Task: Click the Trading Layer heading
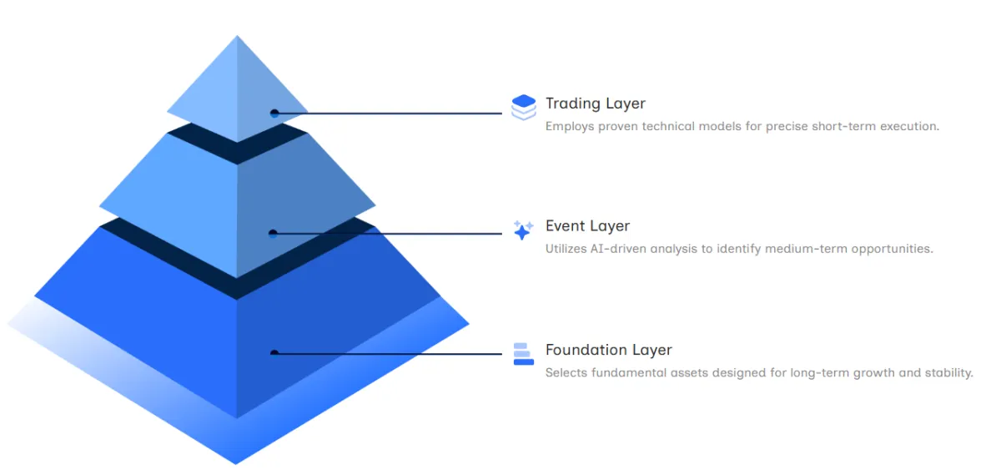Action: [596, 104]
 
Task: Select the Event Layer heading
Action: [587, 226]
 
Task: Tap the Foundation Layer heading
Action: [608, 350]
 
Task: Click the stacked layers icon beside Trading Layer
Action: [524, 108]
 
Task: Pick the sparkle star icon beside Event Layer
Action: [523, 230]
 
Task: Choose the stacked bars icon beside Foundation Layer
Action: [524, 354]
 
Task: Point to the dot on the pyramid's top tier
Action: [274, 114]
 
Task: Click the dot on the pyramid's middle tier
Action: [273, 233]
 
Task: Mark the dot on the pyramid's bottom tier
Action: [274, 353]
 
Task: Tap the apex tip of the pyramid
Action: [237, 36]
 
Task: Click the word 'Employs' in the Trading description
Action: [570, 127]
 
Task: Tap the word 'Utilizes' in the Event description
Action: [566, 249]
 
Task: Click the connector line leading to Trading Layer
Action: [388, 114]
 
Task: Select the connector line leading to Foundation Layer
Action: [388, 354]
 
